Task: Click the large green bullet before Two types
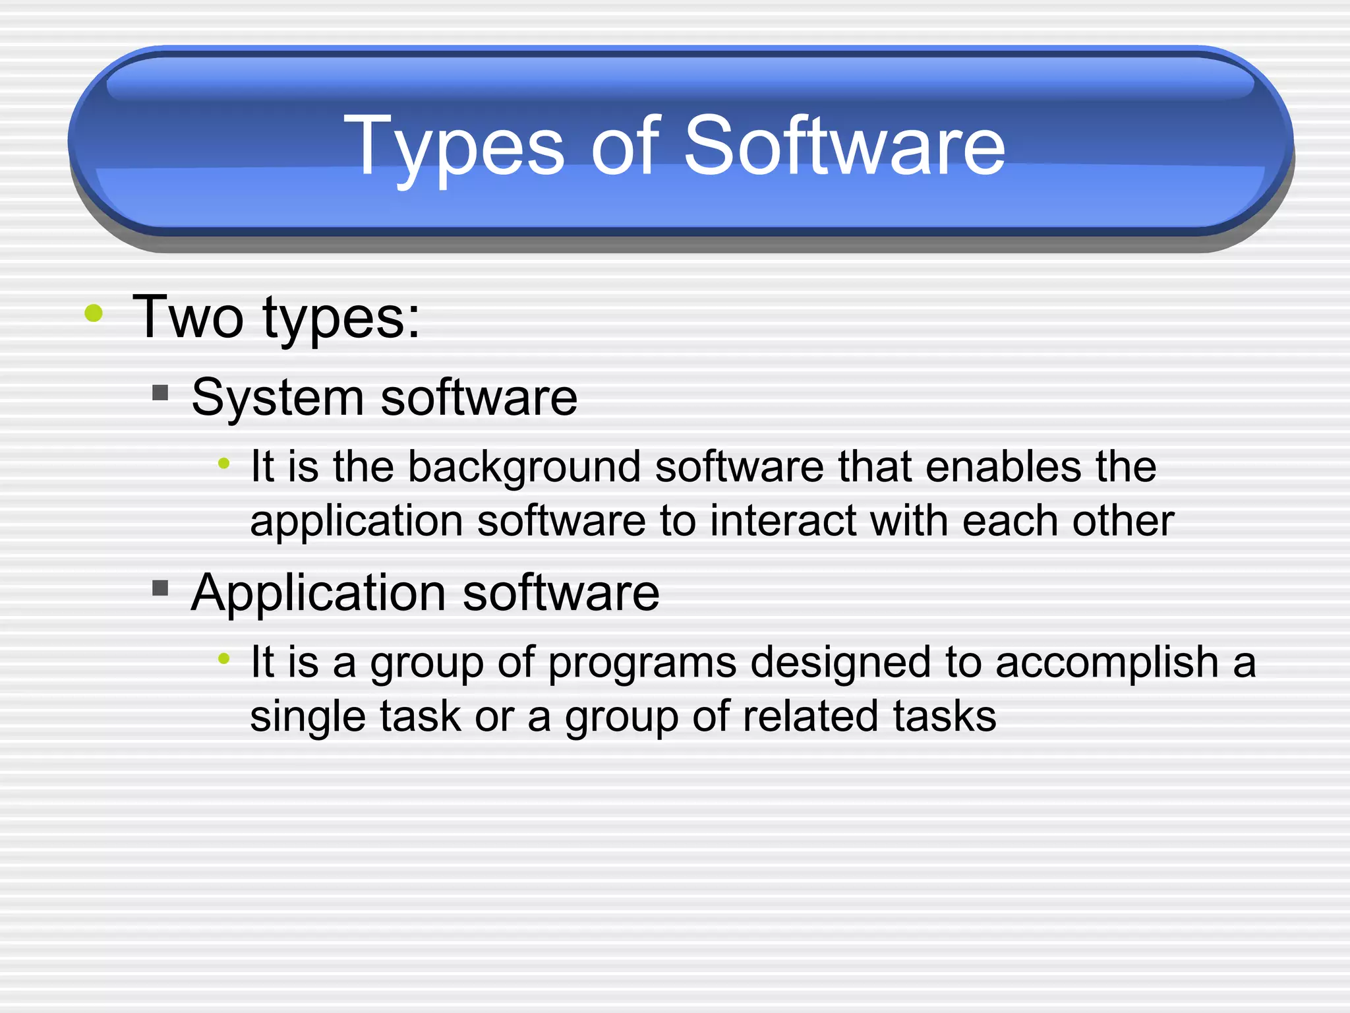[x=94, y=313]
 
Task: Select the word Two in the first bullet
[x=188, y=318]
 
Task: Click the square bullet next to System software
[x=160, y=394]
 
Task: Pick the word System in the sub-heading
[x=277, y=398]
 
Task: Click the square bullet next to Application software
[x=160, y=588]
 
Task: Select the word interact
[x=782, y=521]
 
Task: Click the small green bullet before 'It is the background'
[x=224, y=464]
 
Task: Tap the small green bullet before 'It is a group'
[x=224, y=658]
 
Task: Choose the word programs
[x=642, y=663]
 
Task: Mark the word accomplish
[x=1107, y=662]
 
